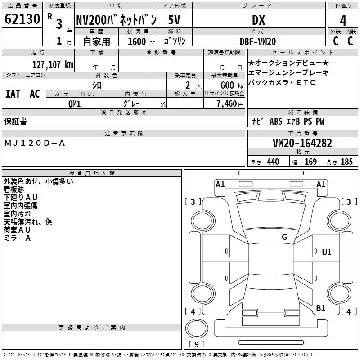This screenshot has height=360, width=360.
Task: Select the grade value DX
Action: (x=258, y=20)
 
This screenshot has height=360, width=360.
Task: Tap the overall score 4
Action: (x=343, y=21)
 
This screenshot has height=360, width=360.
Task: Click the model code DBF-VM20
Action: (x=258, y=41)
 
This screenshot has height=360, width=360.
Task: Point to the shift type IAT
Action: (x=13, y=94)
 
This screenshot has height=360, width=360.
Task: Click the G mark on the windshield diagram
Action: (x=284, y=237)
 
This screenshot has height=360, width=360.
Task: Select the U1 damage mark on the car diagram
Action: (x=326, y=252)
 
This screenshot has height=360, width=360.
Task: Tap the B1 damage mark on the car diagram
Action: (x=320, y=308)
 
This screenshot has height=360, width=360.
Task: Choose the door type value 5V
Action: (x=175, y=20)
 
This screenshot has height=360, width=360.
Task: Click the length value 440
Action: (x=273, y=162)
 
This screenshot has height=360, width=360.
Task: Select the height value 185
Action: (x=346, y=162)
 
